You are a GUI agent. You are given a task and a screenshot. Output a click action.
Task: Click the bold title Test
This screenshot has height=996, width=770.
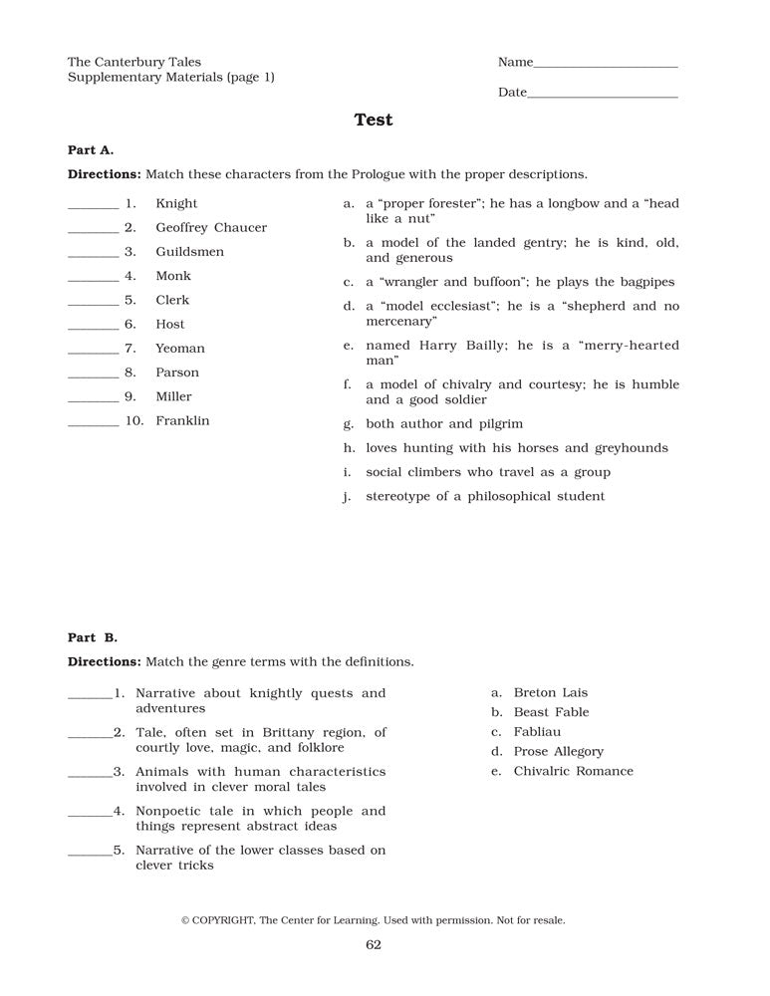(x=374, y=120)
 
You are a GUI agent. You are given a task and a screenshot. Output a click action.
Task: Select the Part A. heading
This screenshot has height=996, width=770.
(x=91, y=149)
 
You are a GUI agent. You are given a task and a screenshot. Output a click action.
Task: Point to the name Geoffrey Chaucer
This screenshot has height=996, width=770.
(x=211, y=227)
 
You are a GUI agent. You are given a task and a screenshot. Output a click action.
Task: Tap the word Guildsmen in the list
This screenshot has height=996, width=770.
(x=190, y=252)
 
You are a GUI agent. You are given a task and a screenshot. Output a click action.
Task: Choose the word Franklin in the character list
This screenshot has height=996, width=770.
(x=183, y=420)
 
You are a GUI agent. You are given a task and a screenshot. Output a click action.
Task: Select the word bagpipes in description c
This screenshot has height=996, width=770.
(x=646, y=282)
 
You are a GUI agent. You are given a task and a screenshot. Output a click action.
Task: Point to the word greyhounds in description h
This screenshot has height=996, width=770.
(x=631, y=448)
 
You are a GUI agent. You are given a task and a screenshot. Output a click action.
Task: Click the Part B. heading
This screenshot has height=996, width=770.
(x=93, y=637)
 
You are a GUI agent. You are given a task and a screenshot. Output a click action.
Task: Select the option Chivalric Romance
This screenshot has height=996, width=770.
(x=573, y=771)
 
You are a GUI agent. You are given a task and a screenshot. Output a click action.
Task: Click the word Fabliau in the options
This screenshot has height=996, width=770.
(x=537, y=732)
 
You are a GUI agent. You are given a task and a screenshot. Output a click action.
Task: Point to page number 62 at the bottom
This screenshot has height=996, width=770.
(x=374, y=945)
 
